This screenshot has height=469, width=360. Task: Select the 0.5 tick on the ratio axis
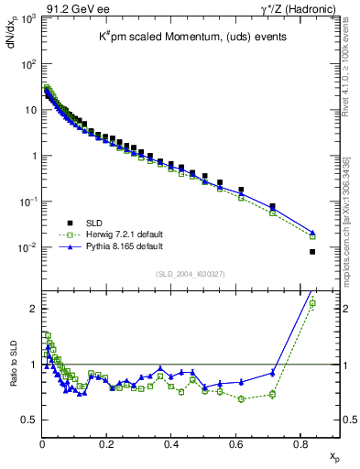[x=29, y=420]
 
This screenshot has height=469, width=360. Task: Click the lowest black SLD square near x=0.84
[x=312, y=252]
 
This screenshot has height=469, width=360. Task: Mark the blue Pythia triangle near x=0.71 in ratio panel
[x=273, y=373]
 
